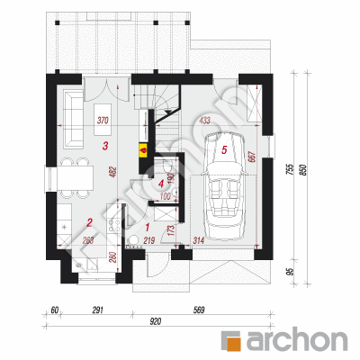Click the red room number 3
[x=105, y=147]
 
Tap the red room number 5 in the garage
[x=224, y=149]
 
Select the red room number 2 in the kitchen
[x=89, y=222]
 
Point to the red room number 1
[x=147, y=227]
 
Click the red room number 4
[x=161, y=184]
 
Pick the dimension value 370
[x=103, y=121]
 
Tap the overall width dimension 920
[x=155, y=321]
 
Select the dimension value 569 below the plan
[x=198, y=310]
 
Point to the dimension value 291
[x=97, y=310]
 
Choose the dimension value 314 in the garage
[x=198, y=240]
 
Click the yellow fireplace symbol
[x=143, y=150]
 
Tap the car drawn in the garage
[x=224, y=186]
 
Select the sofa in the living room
[x=74, y=120]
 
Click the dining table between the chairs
[x=75, y=178]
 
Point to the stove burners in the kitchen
[x=114, y=226]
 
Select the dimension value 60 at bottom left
[x=54, y=310]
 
